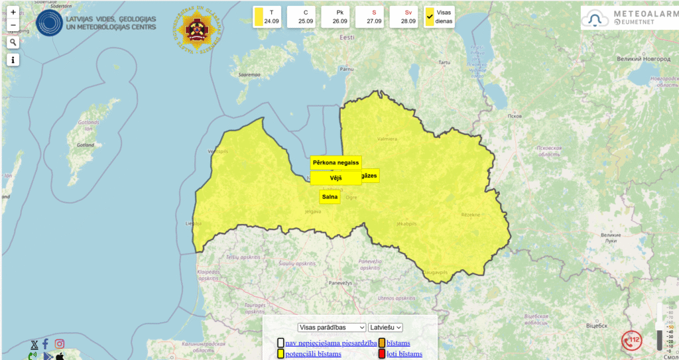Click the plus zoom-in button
[13, 13]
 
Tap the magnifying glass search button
[13, 42]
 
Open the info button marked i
[13, 60]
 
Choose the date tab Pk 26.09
[339, 17]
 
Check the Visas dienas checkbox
[430, 17]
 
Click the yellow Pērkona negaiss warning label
[336, 162]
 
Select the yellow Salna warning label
[330, 197]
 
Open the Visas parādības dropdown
[332, 327]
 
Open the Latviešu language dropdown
[386, 327]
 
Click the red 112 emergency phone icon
[631, 341]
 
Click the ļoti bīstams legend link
[404, 354]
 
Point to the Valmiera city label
[387, 139]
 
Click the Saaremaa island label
[249, 75]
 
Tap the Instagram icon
[60, 343]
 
